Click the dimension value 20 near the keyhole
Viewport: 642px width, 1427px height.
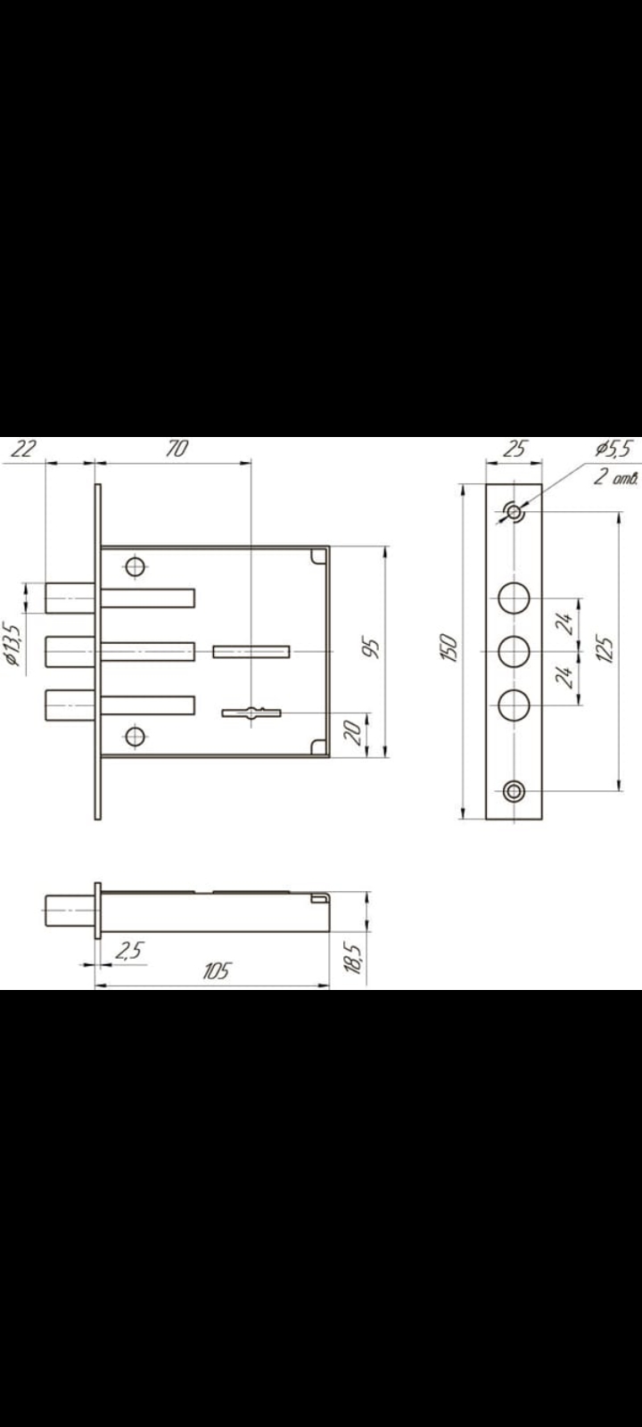click(x=352, y=733)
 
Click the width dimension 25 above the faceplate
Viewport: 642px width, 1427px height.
click(x=514, y=449)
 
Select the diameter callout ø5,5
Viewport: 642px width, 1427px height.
click(x=614, y=449)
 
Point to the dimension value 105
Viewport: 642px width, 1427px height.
click(x=215, y=970)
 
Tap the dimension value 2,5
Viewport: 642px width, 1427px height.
click(x=129, y=951)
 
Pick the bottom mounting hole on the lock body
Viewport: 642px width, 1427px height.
click(x=136, y=736)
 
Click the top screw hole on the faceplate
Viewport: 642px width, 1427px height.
click(x=514, y=512)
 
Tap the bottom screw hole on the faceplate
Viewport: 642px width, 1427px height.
click(x=514, y=790)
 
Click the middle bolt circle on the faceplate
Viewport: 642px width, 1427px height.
click(x=514, y=652)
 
